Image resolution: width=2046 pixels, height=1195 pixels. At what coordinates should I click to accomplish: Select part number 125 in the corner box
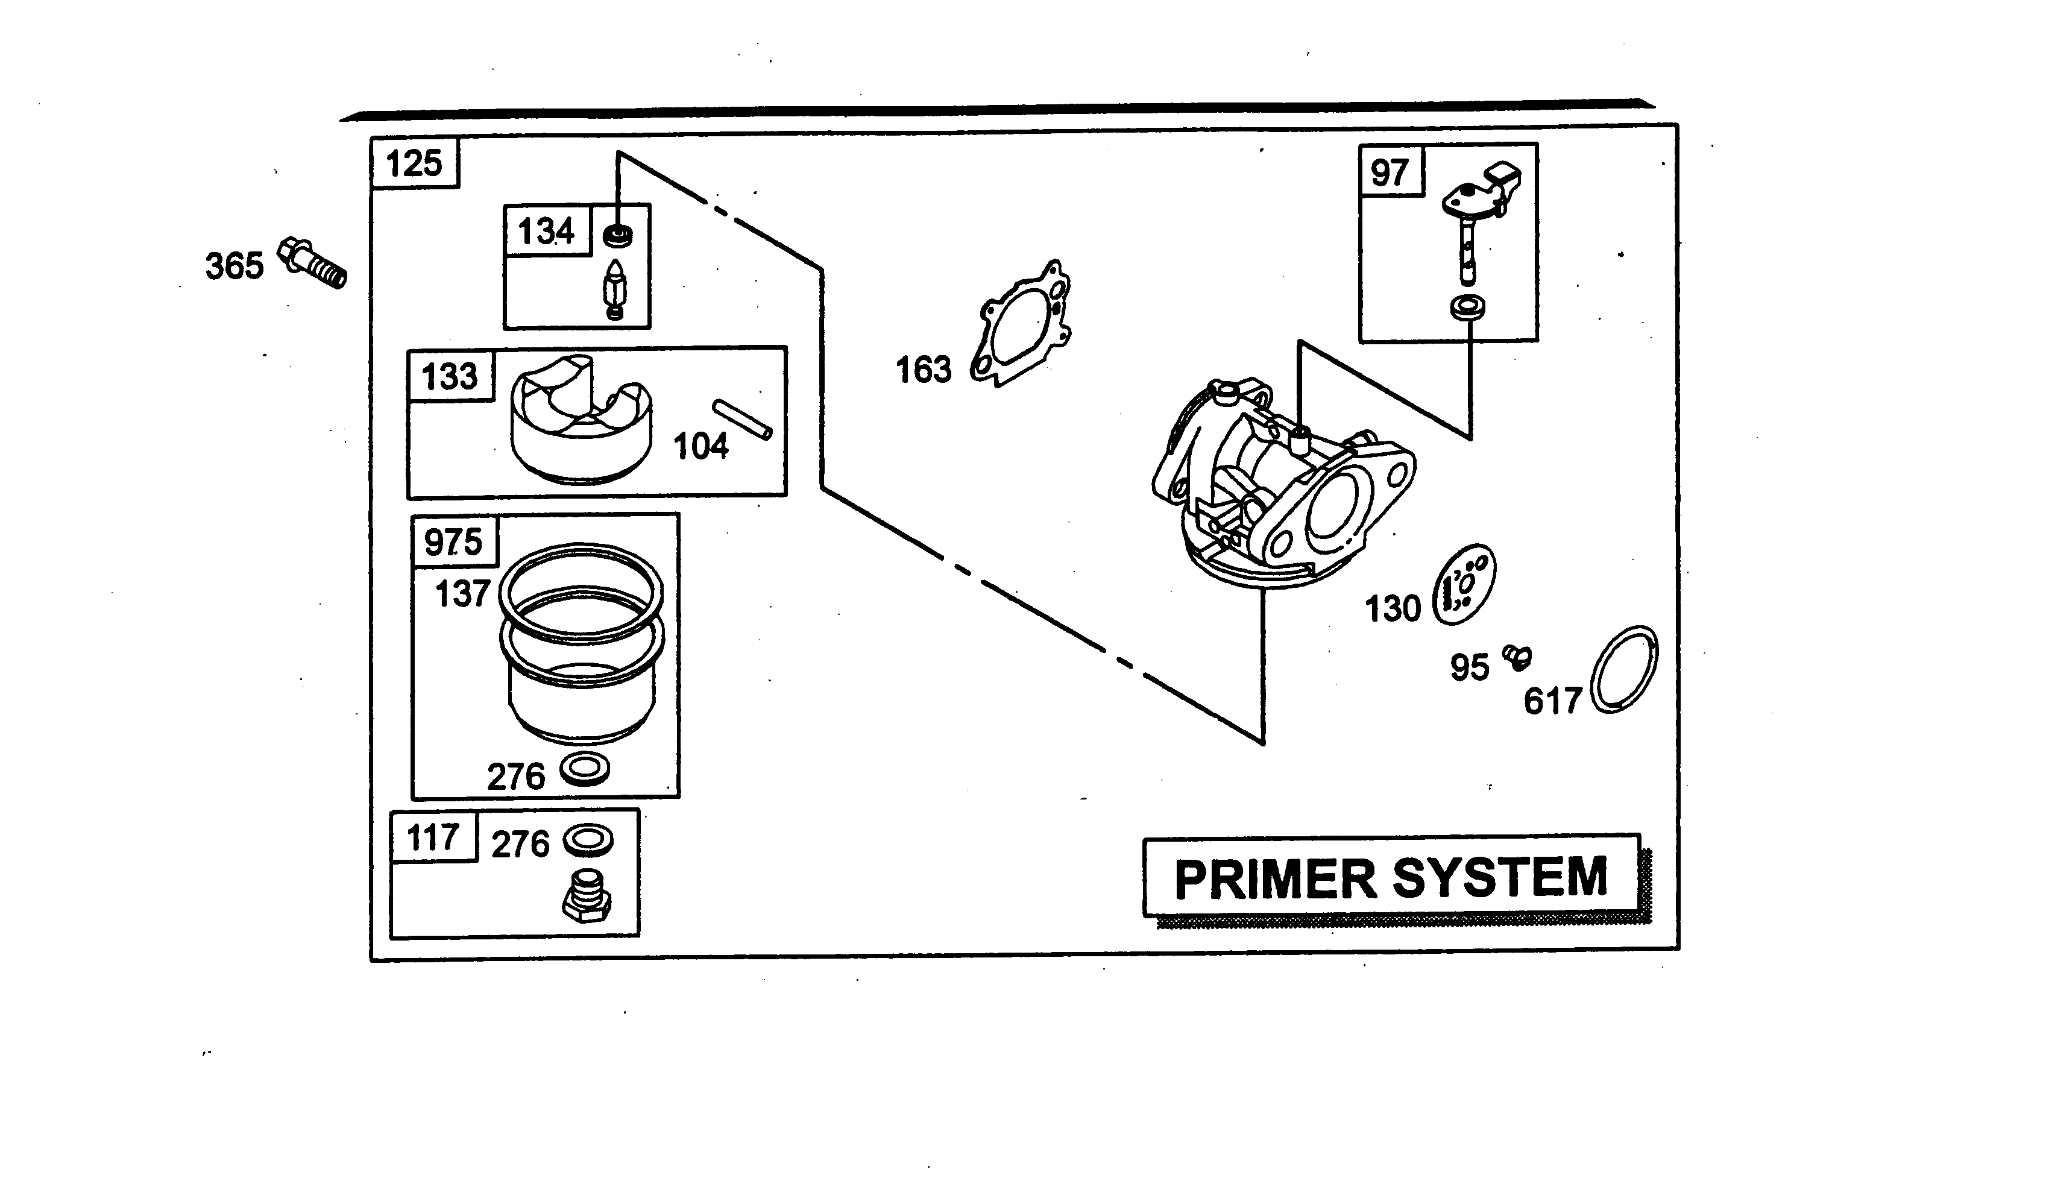click(414, 163)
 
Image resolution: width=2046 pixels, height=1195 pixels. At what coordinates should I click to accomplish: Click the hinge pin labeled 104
click(742, 420)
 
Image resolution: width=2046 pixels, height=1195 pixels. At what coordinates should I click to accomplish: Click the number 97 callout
click(1389, 173)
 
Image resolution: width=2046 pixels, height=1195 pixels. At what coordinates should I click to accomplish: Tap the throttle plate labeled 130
click(1464, 584)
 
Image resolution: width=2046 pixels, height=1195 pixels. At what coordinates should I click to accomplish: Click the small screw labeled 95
click(1517, 655)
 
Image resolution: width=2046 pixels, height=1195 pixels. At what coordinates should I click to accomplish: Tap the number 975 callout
click(453, 541)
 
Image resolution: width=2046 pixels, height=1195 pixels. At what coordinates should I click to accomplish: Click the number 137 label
click(462, 594)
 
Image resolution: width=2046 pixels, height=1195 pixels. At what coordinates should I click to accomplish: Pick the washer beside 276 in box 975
click(585, 769)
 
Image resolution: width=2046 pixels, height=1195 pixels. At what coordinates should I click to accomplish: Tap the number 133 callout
click(450, 377)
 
